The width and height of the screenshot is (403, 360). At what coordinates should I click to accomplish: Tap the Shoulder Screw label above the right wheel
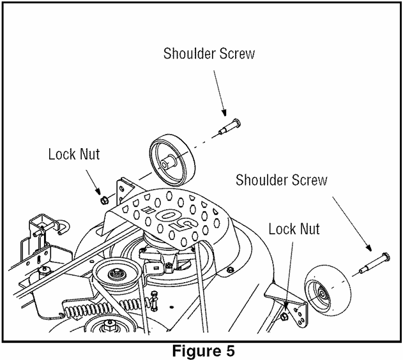[x=281, y=180]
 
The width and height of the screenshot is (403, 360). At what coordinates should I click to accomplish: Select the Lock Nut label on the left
[x=74, y=154]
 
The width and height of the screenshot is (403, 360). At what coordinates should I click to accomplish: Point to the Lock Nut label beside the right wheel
[x=294, y=228]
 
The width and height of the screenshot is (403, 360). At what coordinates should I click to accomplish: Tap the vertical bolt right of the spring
[x=154, y=300]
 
